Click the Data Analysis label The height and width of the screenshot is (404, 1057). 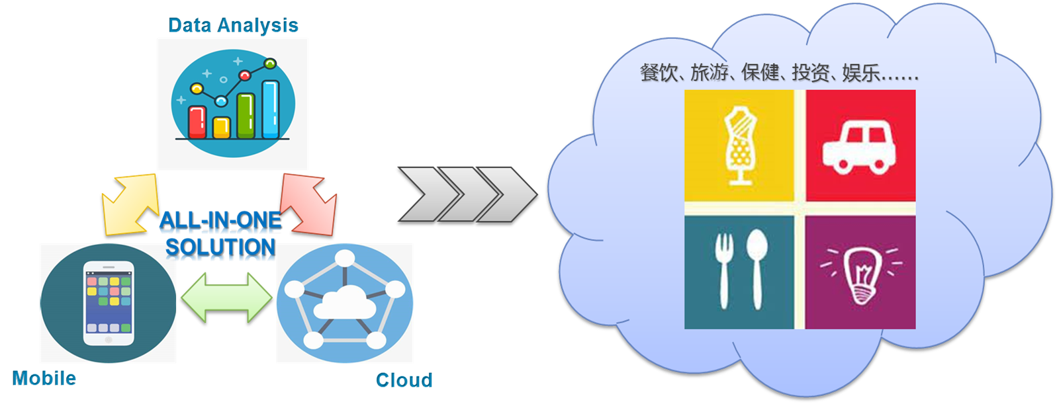pyautogui.click(x=233, y=25)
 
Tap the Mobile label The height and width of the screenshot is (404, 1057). pyautogui.click(x=44, y=378)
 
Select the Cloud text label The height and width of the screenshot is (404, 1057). pyautogui.click(x=404, y=380)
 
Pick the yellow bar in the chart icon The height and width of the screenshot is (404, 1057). pyautogui.click(x=221, y=127)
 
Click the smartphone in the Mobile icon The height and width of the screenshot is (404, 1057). pyautogui.click(x=108, y=303)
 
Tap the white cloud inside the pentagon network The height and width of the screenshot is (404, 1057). pyautogui.click(x=344, y=303)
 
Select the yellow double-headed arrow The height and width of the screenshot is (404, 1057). pyautogui.click(x=130, y=204)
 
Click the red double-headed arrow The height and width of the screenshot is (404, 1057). pyautogui.click(x=309, y=204)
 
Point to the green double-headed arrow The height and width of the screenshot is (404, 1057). pyautogui.click(x=226, y=298)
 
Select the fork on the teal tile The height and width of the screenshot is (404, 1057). pyautogui.click(x=723, y=271)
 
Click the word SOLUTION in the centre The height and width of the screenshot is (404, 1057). pyautogui.click(x=220, y=247)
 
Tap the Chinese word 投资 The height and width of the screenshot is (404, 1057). pyautogui.click(x=811, y=72)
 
